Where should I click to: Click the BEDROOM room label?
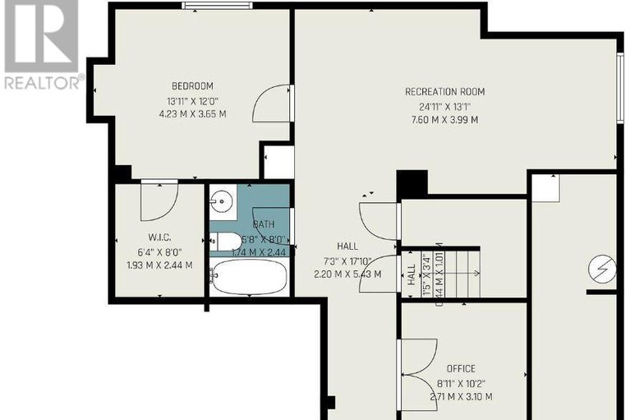point(192,86)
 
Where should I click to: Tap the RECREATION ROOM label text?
point(444,91)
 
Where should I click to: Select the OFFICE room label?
point(461,369)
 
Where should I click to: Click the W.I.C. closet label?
point(159,238)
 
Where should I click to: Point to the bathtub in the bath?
point(249,278)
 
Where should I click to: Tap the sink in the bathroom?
point(221,200)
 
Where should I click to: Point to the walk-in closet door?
point(159,201)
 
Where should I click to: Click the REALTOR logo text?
point(43,82)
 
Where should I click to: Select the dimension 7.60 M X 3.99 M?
point(444,119)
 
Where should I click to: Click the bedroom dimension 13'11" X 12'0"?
point(192,101)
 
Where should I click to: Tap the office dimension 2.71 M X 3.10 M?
point(461,397)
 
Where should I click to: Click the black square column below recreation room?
point(412,183)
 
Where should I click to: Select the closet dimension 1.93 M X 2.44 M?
point(159,265)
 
